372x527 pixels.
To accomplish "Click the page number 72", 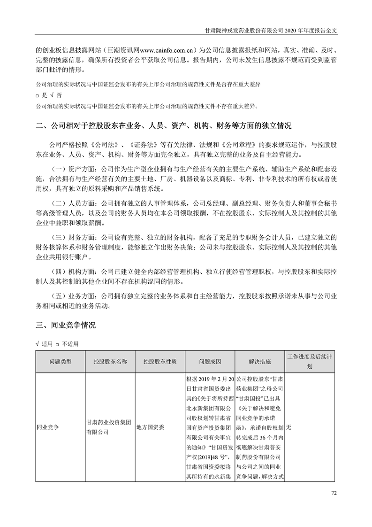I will coord(334,493).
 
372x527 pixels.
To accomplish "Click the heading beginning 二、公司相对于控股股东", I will coord(164,126).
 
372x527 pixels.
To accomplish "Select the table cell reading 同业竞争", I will coord(49,428).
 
